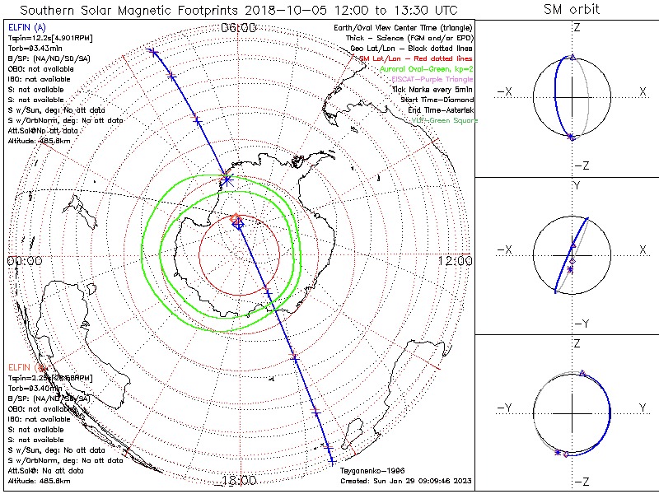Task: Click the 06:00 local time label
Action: pos(239,28)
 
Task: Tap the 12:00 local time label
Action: pos(456,260)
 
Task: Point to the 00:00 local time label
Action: pos(25,260)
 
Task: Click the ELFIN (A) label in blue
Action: pos(24,28)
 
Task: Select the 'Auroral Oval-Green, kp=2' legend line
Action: pos(427,69)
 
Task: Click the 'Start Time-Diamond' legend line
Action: pos(435,100)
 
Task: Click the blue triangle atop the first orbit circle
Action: pos(573,58)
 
